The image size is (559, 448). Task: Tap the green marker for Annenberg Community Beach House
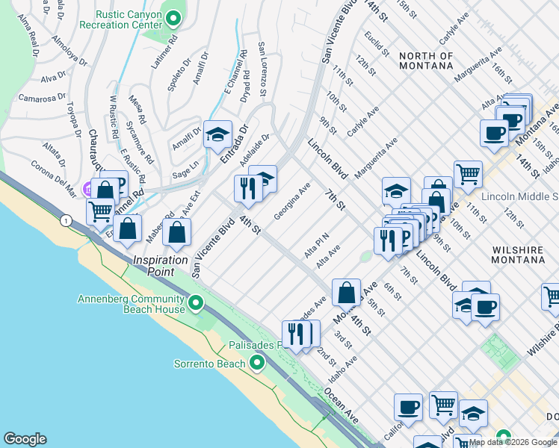tap(197, 303)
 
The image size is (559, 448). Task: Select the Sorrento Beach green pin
tap(257, 364)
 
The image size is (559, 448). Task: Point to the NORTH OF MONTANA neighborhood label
tap(425, 60)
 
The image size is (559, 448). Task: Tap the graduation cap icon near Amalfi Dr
tap(217, 134)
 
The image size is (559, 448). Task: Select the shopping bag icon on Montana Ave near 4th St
tap(347, 293)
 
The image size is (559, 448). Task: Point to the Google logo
tap(25, 439)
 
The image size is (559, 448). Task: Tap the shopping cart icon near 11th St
tap(468, 174)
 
